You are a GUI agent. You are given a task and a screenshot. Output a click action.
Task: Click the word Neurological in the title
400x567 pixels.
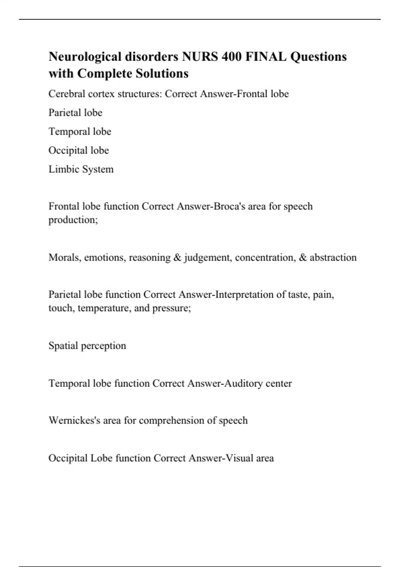pos(85,57)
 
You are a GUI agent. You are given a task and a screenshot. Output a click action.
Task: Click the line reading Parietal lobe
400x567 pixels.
pos(75,113)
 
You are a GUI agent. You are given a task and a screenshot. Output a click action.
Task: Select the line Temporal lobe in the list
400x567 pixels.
pos(80,131)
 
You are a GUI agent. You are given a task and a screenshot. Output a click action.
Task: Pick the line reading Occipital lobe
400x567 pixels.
pos(79,150)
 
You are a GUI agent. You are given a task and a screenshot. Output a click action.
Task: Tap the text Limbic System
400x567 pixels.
pos(81,169)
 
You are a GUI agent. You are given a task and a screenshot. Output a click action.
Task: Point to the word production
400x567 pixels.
pos(72,220)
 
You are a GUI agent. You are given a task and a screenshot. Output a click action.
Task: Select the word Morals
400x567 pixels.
pos(65,257)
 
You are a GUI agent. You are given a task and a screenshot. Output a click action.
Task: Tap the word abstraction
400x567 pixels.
pos(333,257)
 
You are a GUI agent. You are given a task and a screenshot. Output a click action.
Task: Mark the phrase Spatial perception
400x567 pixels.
pos(87,346)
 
